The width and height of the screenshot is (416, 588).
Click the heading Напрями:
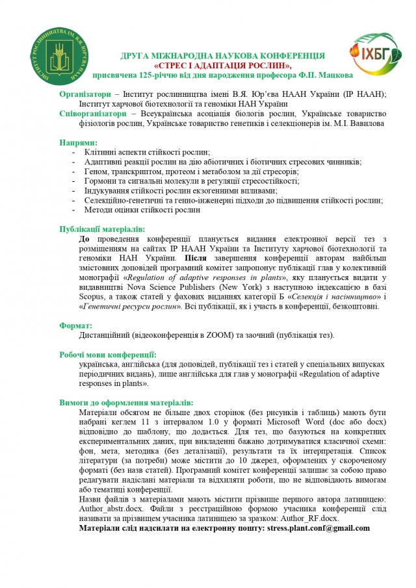pyautogui.click(x=79, y=142)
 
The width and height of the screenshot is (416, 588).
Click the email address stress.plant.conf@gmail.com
pyautogui.click(x=318, y=528)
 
